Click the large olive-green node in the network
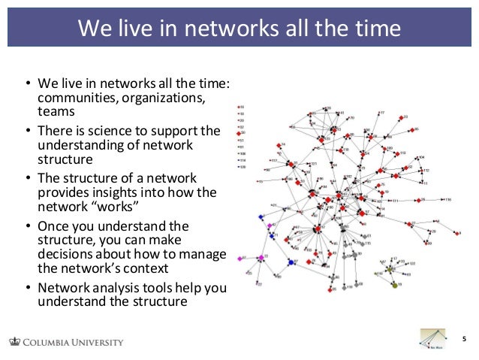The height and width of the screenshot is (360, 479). (x=395, y=285)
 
